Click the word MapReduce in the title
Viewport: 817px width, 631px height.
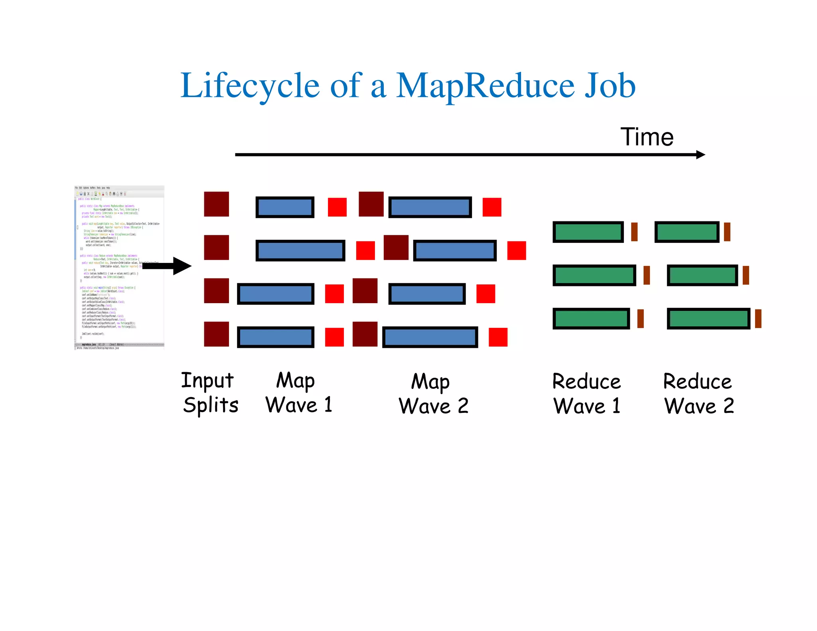click(x=485, y=86)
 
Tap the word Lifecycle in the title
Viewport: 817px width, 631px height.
click(x=250, y=85)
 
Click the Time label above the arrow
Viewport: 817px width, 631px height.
click(x=647, y=137)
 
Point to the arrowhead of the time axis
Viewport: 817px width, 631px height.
click(x=701, y=155)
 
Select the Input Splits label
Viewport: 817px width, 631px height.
click(x=209, y=392)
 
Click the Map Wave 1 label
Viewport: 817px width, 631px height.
click(x=298, y=392)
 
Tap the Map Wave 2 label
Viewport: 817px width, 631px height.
click(x=433, y=394)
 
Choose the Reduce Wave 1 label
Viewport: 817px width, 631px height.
click(x=586, y=394)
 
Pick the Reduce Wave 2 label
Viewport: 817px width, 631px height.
click(x=698, y=394)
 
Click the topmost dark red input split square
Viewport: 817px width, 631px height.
click(x=216, y=204)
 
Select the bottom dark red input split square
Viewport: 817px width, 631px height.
click(x=216, y=334)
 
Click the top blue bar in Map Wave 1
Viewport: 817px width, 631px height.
click(x=285, y=207)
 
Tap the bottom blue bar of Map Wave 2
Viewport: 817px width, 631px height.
click(x=430, y=337)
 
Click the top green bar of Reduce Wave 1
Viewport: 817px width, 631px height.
click(x=588, y=232)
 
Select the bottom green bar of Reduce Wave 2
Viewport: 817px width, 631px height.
click(x=708, y=319)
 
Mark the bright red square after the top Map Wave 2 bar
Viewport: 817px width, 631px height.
click(x=492, y=207)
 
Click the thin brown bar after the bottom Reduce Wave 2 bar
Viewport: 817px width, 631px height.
click(x=758, y=319)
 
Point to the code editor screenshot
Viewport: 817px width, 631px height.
click(x=119, y=267)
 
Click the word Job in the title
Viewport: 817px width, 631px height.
click(x=610, y=86)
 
